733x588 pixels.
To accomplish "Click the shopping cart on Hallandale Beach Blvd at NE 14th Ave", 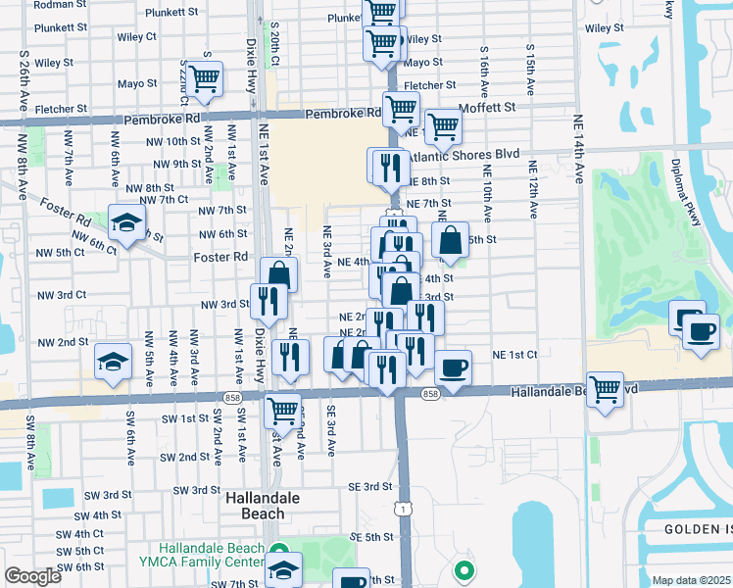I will point(606,389).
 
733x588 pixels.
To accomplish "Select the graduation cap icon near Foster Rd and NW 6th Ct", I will point(126,222).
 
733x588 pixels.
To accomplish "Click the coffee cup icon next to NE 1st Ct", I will point(453,367).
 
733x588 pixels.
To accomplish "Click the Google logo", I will point(31,576).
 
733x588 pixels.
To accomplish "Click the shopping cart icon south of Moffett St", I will point(443,123).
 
